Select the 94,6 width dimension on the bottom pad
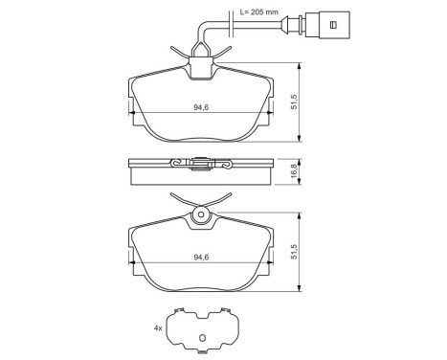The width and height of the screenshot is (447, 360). pos(201,256)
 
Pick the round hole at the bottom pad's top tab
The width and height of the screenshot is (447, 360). pos(201,217)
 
